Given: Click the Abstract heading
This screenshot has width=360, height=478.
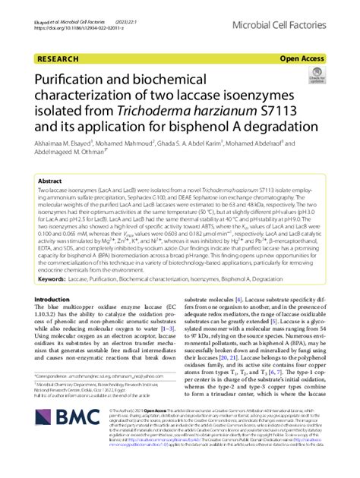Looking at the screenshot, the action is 51,183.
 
